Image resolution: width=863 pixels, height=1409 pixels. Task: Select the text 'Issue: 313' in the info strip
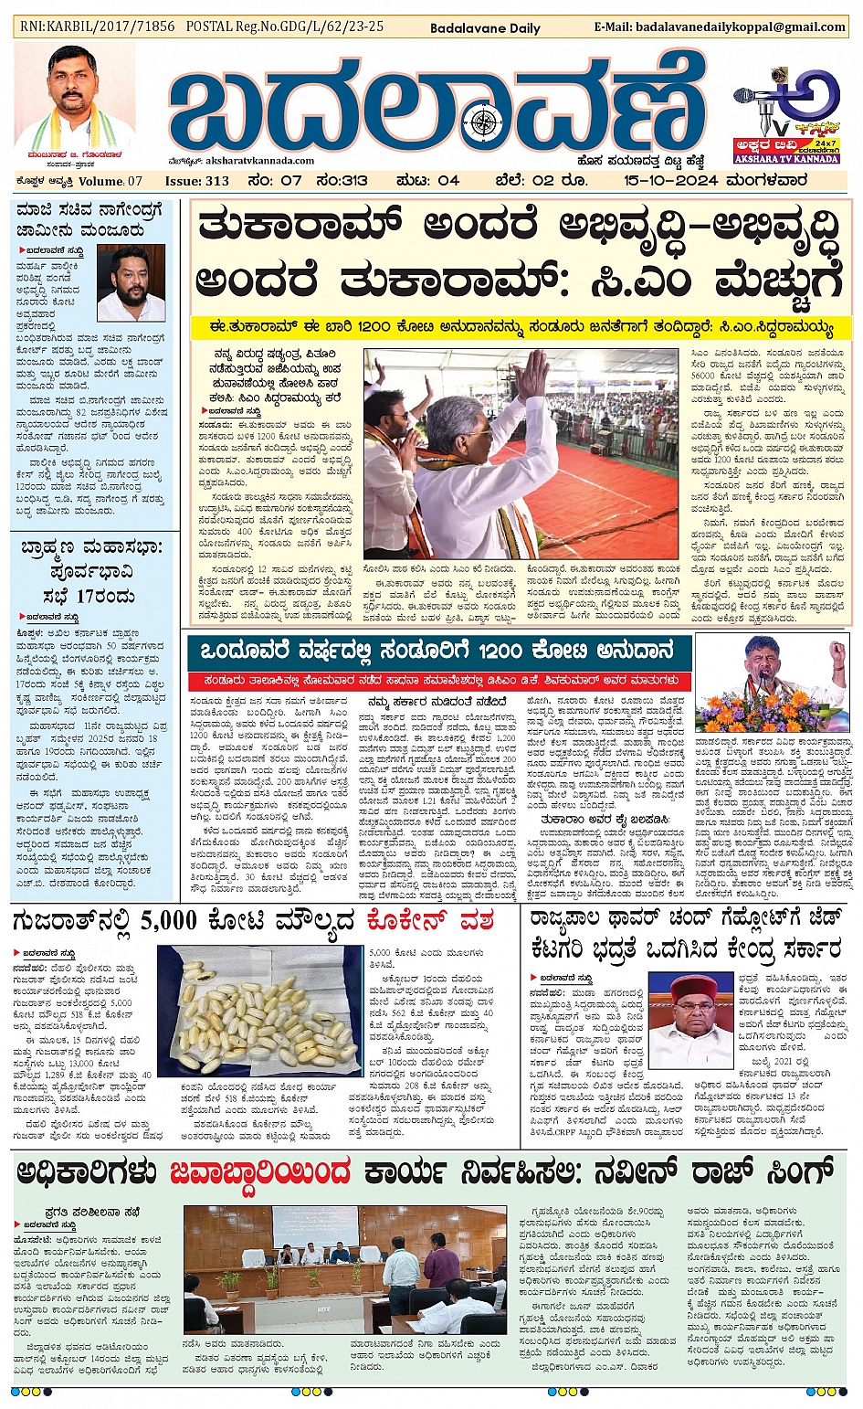(196, 180)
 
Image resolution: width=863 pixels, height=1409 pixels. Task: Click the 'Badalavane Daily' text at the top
(485, 28)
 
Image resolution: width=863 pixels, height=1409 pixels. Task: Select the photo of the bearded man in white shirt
(131, 283)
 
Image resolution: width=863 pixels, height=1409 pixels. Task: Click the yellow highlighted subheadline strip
(521, 326)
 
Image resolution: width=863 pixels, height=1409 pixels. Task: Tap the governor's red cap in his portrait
(692, 988)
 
